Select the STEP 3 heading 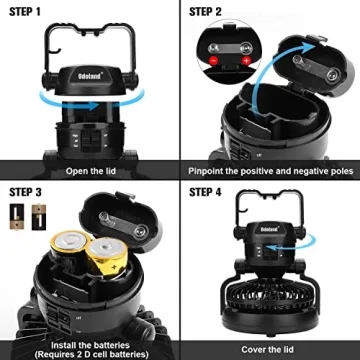26,191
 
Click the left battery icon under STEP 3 17,213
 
